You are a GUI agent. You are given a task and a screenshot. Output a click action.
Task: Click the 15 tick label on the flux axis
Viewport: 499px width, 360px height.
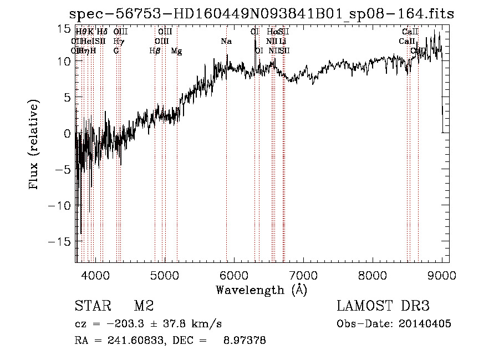point(64,28)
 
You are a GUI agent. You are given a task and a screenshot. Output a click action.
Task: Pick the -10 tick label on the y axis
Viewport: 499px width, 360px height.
point(61,206)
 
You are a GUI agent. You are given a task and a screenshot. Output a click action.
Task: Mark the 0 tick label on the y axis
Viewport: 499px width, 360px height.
point(68,134)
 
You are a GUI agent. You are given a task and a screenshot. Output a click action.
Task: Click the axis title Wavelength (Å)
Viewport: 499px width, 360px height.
point(261,290)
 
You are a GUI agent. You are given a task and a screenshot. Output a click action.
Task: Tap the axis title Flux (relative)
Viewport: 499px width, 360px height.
point(34,145)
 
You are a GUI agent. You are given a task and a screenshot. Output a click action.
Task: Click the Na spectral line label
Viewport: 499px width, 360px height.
point(226,42)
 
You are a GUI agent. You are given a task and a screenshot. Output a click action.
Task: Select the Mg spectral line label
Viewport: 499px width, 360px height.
point(176,51)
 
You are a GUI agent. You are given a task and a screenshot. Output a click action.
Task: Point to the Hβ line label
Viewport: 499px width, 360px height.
point(155,51)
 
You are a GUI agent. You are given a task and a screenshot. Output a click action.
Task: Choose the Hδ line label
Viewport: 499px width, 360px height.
point(102,32)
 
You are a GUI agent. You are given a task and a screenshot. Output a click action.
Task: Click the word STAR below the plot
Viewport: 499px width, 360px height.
point(92,306)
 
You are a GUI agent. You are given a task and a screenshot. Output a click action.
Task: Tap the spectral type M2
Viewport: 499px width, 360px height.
point(144,306)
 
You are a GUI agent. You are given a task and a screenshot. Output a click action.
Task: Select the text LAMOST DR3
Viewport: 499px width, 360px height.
point(383,306)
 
